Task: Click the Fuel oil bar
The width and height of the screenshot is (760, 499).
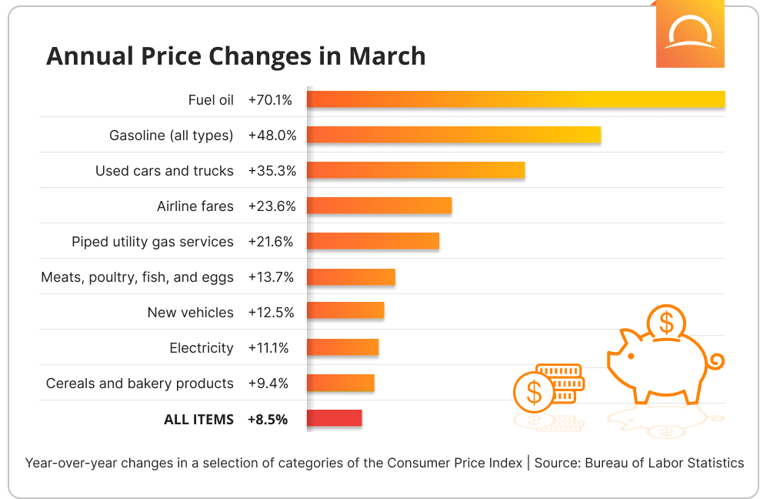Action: tap(515, 99)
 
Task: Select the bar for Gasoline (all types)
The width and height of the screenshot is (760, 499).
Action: tap(453, 135)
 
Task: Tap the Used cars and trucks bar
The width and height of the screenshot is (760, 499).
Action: tap(415, 170)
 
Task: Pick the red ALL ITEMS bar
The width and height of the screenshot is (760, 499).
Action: tap(334, 418)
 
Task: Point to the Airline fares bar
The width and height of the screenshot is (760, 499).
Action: tap(378, 206)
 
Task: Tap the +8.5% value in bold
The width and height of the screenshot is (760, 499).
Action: tap(268, 420)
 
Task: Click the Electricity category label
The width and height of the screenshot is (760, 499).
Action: tap(202, 348)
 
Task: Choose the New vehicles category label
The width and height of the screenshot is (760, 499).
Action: tap(190, 313)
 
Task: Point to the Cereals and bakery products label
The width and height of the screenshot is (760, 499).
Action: tap(139, 383)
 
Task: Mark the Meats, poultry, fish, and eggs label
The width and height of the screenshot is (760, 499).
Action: tap(137, 277)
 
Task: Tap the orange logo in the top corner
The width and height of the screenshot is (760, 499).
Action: tap(690, 34)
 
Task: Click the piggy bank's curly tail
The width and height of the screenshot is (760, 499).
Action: tap(716, 360)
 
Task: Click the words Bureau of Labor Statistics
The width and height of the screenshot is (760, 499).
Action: tap(665, 463)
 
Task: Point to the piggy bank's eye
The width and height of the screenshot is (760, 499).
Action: tap(631, 357)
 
